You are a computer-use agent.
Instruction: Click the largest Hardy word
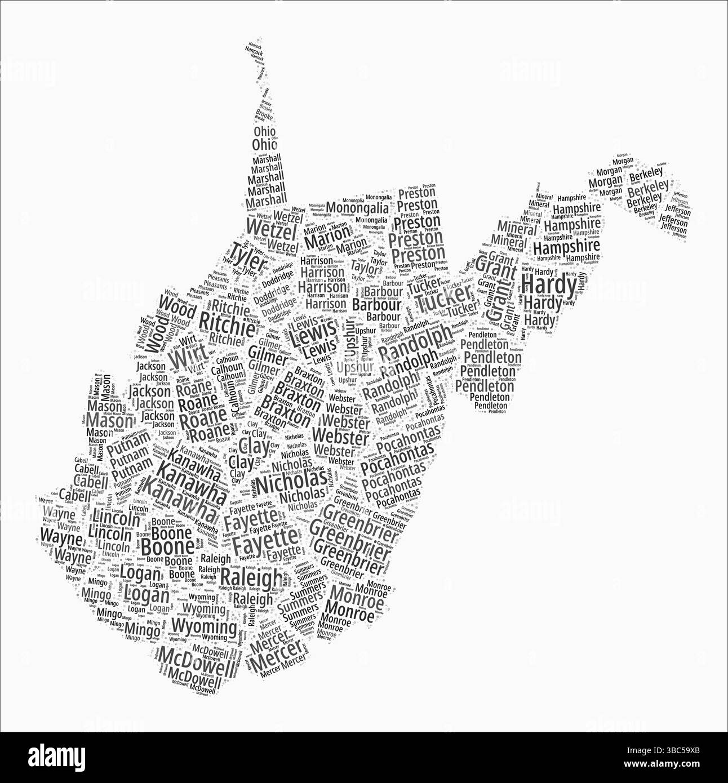tap(548, 284)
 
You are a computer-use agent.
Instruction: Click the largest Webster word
tap(340, 435)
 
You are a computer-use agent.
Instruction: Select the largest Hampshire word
tap(566, 246)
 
